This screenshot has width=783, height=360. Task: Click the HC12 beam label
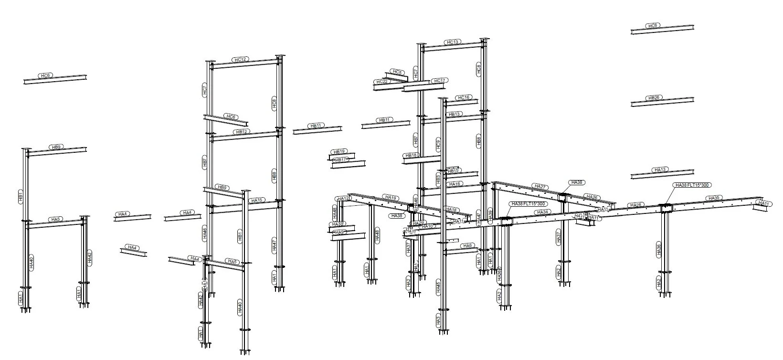240,60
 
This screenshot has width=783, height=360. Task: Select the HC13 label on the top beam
452,42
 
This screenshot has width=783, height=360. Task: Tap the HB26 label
654,98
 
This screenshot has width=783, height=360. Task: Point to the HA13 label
660,169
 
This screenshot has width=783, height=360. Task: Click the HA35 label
714,198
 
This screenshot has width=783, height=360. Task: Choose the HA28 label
635,205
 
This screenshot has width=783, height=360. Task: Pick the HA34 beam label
542,212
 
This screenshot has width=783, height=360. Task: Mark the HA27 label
540,187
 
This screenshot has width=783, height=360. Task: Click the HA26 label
592,197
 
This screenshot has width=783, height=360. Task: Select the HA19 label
391,197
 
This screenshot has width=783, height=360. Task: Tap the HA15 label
257,200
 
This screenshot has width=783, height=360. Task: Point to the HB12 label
242,132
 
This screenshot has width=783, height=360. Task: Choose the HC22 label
382,82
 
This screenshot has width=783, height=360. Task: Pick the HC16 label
463,97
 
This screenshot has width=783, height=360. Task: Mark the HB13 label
454,114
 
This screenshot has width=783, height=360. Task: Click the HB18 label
411,155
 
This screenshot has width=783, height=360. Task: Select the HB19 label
339,151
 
